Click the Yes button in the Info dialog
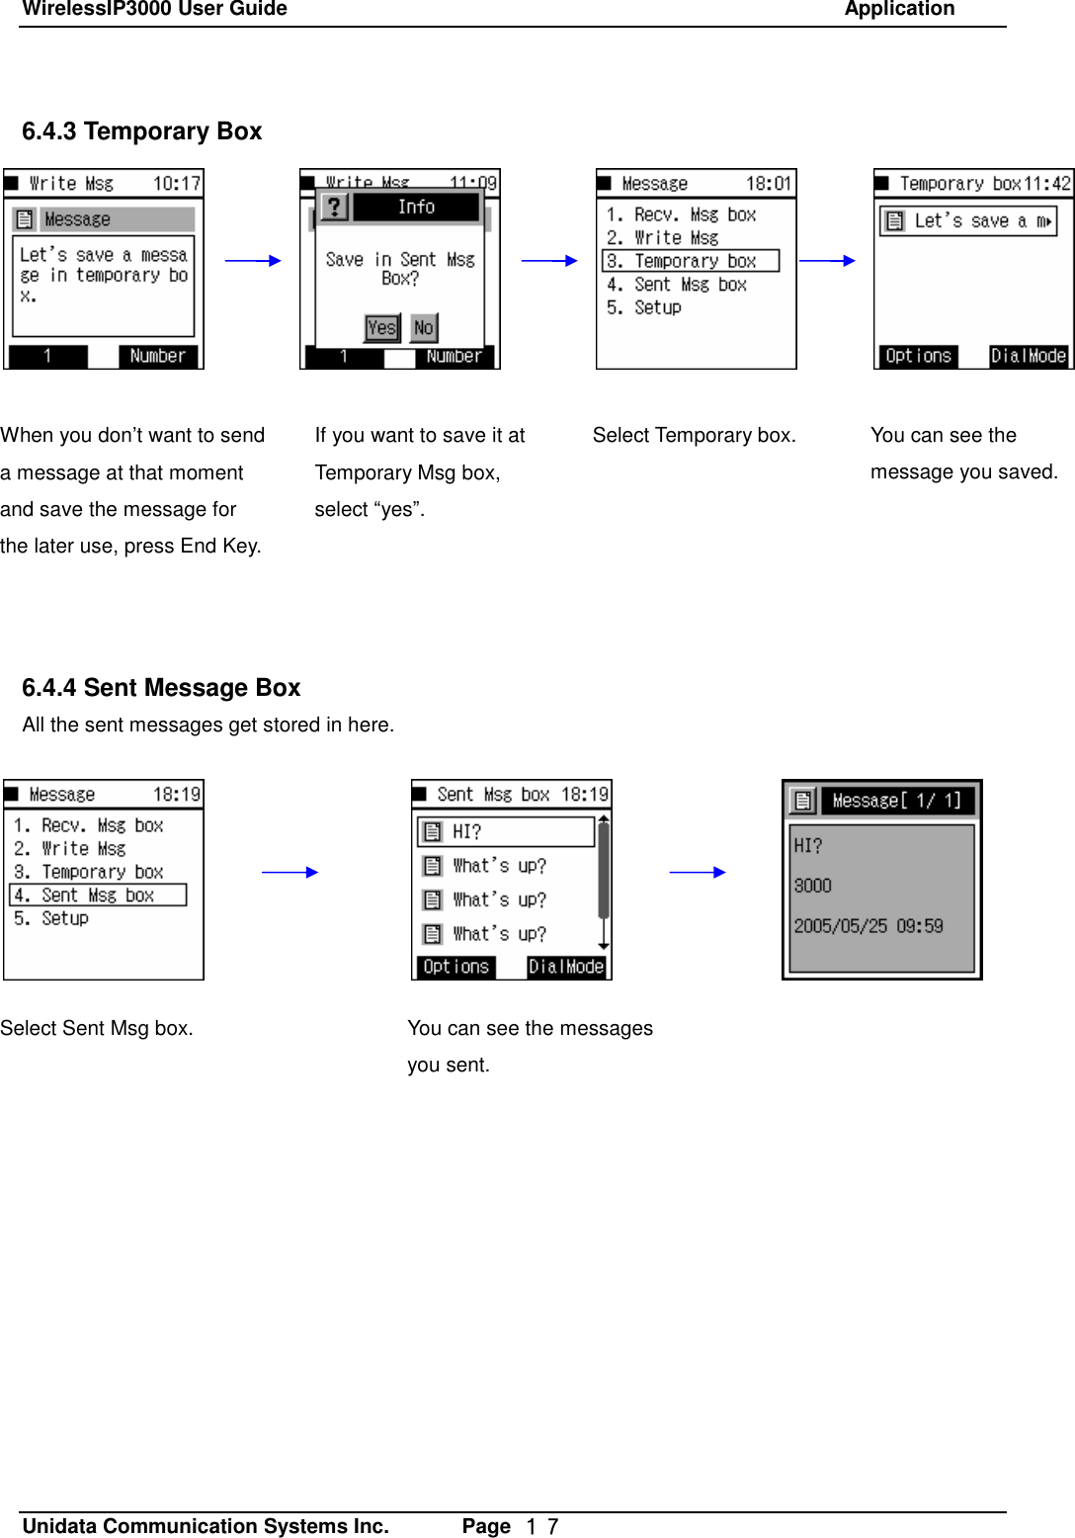click(381, 327)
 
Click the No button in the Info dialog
click(423, 327)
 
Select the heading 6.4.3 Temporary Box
click(141, 131)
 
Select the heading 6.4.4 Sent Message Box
click(161, 688)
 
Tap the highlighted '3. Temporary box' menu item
click(690, 261)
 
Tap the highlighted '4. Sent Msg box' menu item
click(97, 896)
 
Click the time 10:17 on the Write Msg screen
click(176, 184)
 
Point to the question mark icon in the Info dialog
click(335, 207)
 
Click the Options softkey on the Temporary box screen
click(918, 356)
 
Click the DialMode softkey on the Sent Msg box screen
click(565, 967)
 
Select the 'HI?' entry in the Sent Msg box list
click(505, 832)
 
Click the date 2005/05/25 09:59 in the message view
click(868, 926)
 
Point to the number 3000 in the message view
click(812, 886)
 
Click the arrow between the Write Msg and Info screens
click(253, 261)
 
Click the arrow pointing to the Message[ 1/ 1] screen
click(697, 872)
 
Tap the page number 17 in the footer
click(542, 1526)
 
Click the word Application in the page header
click(899, 10)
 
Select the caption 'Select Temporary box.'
click(694, 436)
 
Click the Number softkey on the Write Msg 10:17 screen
click(158, 356)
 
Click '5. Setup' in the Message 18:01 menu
click(644, 307)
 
